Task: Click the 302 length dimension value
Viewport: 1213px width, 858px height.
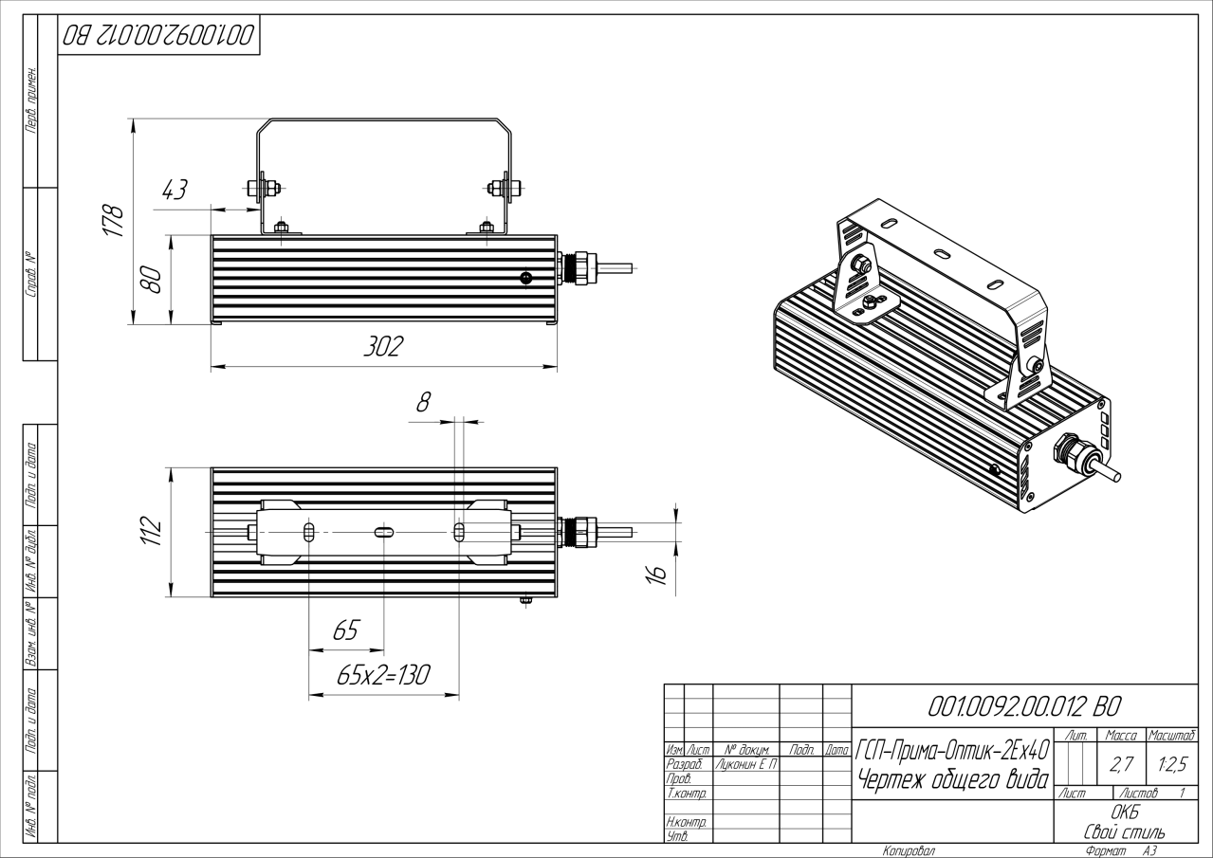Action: click(383, 347)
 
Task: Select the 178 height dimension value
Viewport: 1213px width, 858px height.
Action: click(114, 221)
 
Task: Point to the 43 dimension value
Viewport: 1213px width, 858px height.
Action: click(175, 190)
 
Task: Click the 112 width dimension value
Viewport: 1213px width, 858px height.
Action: click(149, 532)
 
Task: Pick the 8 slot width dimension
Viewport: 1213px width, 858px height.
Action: click(423, 401)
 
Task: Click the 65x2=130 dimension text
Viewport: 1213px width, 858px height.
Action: click(383, 675)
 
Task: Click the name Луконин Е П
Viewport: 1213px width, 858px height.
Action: click(744, 763)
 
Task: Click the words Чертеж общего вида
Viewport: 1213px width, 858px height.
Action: click(951, 780)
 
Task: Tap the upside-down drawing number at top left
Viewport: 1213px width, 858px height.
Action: click(158, 37)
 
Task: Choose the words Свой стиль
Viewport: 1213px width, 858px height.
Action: click(1125, 831)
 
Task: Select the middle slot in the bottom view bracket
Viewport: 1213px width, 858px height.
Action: click(382, 533)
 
